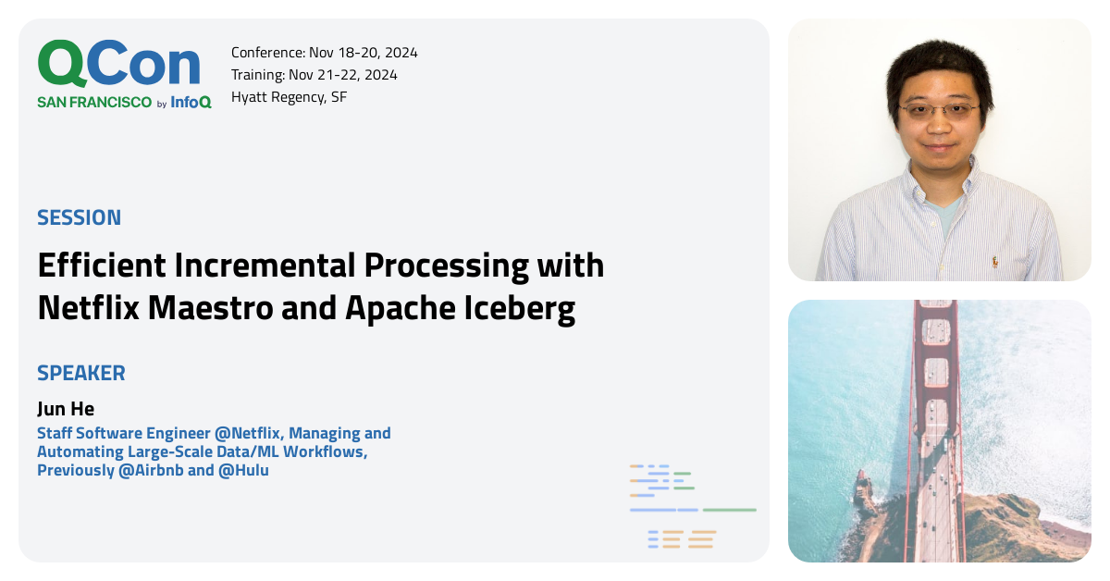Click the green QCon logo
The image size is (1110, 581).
pos(118,64)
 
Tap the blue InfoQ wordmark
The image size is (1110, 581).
pos(191,103)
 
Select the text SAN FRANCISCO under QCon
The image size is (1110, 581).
pos(94,103)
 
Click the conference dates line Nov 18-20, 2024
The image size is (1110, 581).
pos(324,53)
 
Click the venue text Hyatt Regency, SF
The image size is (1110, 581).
pos(289,97)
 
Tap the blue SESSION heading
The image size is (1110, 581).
pos(79,218)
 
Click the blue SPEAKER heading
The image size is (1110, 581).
pos(81,374)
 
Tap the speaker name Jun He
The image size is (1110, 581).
pos(66,409)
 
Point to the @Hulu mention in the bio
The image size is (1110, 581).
pos(243,470)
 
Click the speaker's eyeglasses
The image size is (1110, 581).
pos(937,110)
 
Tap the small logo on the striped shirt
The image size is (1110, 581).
pos(995,262)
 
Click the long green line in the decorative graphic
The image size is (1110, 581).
pos(729,510)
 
